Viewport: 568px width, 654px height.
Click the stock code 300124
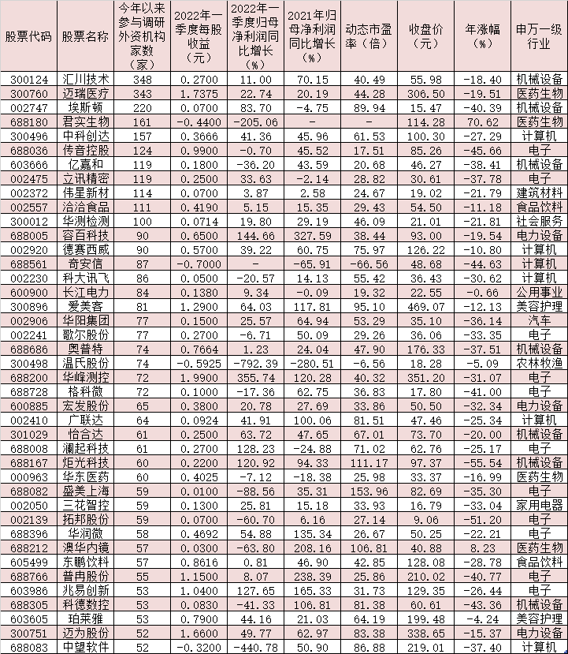tap(28, 80)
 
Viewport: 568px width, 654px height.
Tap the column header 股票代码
tap(28, 37)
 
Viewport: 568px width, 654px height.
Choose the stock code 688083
tap(28, 646)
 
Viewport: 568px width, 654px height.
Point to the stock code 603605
tap(28, 619)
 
